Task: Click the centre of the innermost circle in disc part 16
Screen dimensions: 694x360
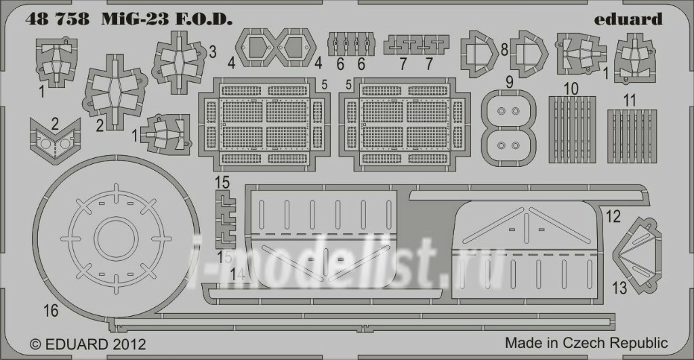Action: coord(115,239)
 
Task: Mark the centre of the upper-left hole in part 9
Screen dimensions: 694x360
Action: coord(502,111)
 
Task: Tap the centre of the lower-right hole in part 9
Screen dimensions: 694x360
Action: coord(515,145)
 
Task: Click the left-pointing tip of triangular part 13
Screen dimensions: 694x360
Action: coord(613,256)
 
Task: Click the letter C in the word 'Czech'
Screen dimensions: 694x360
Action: coord(569,343)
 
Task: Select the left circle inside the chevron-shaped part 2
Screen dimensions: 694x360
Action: coord(45,143)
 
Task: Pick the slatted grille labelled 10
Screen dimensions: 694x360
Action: coord(572,129)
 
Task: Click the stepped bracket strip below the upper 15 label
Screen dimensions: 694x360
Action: coord(226,219)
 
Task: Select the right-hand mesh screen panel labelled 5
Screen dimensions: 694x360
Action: coord(404,123)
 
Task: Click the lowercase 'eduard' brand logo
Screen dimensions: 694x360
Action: coord(628,20)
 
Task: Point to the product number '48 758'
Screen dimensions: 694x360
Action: coord(58,20)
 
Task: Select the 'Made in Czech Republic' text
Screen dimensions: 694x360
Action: coord(586,343)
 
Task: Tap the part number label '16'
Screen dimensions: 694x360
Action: coord(51,311)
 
